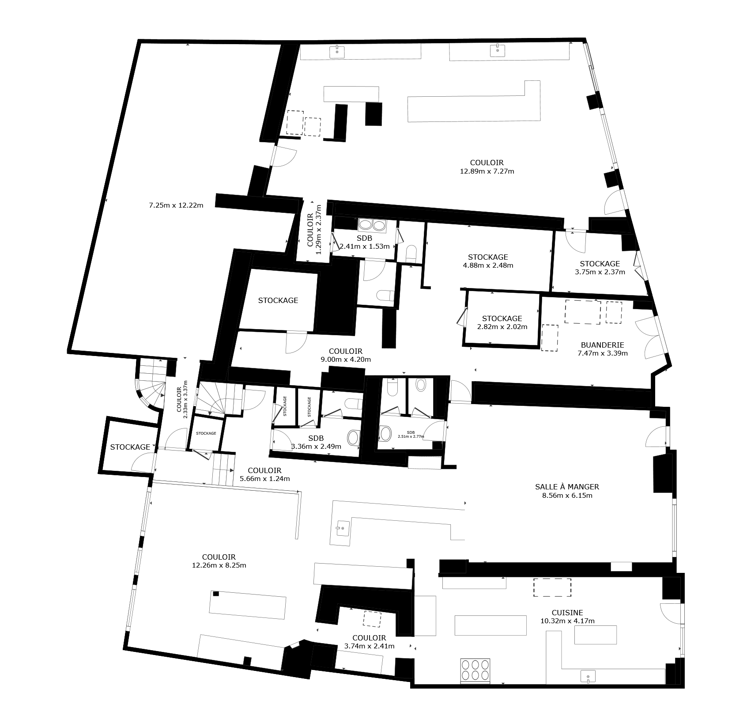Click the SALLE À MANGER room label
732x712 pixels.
[x=567, y=487]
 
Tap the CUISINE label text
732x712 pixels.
[x=567, y=613]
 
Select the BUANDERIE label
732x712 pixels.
[x=602, y=345]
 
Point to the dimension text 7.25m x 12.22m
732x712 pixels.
[x=176, y=205]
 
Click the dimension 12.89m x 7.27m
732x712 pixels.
[x=487, y=171]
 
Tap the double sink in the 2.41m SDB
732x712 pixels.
[x=372, y=225]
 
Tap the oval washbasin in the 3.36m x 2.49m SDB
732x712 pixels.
[x=354, y=437]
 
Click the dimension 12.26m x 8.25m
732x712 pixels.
[x=219, y=565]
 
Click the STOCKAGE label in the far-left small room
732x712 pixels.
[x=130, y=447]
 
